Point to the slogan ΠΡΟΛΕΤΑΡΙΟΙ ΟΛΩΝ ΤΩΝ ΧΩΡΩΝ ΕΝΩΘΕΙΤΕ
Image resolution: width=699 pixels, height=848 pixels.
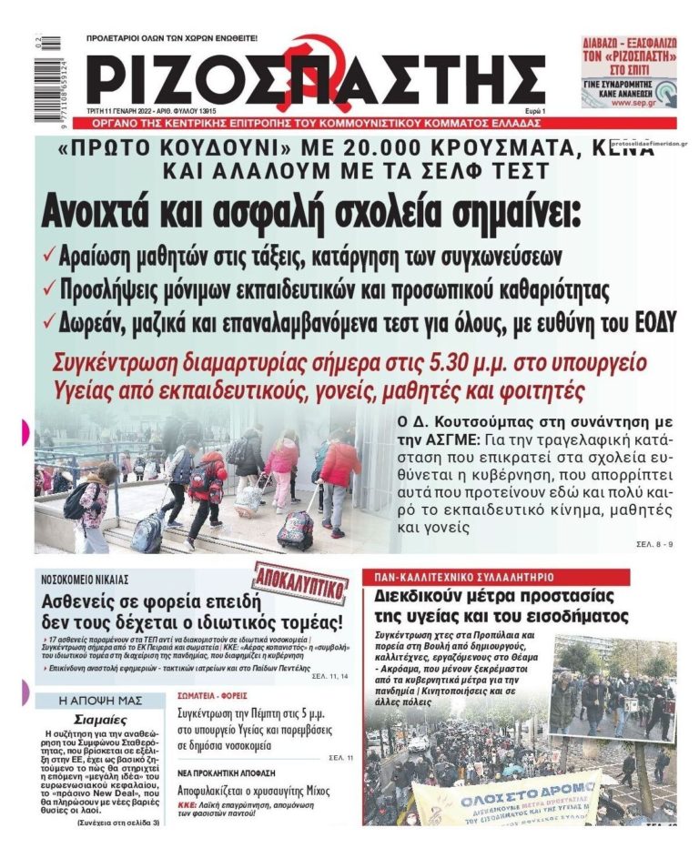pyautogui.click(x=171, y=39)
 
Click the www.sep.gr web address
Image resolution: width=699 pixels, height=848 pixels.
pyautogui.click(x=622, y=103)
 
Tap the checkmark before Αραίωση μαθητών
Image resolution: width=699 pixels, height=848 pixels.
pyautogui.click(x=49, y=255)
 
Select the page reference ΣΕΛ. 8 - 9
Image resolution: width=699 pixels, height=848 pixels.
pyautogui.click(x=654, y=543)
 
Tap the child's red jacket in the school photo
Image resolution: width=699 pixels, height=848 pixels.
pyautogui.click(x=339, y=463)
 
